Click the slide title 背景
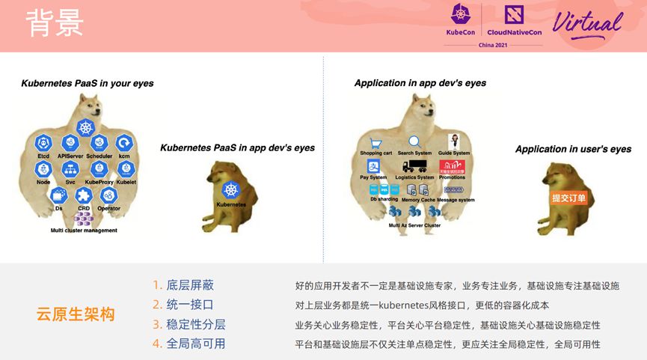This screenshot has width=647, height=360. coord(55,23)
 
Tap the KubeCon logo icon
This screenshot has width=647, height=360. coord(461,15)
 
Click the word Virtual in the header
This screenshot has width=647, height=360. coord(587,23)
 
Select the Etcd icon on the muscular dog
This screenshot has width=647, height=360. coord(43,142)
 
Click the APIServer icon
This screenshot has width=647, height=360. coord(71,142)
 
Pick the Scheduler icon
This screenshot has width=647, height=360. coord(99,142)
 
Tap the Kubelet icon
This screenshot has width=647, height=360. coord(126,169)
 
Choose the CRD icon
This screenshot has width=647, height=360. coord(83,195)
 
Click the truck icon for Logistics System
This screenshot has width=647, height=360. coord(414,166)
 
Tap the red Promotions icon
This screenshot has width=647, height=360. coord(451,166)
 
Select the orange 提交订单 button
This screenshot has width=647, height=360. coord(568,198)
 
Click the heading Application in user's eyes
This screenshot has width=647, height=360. coord(573,149)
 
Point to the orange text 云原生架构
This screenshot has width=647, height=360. coord(76,314)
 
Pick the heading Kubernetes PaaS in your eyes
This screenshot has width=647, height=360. coord(88,83)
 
